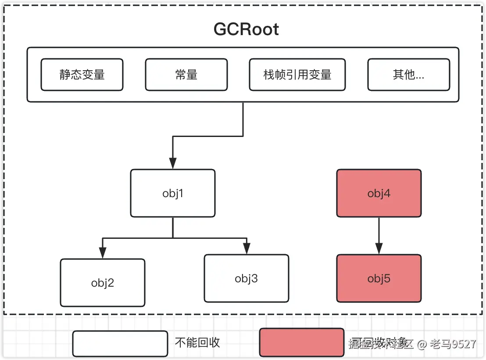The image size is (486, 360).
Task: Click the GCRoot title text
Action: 246,29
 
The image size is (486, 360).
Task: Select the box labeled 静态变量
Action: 82,75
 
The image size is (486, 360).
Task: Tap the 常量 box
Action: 186,75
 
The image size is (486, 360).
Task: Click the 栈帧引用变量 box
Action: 297,75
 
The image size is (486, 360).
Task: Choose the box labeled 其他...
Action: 408,75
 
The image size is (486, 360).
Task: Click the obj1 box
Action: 173,193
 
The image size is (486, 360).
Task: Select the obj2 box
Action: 103,283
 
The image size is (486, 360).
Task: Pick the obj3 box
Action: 246,278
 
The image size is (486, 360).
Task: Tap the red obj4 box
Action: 379,193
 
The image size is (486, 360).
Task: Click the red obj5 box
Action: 379,278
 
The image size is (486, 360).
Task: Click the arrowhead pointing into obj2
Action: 103,253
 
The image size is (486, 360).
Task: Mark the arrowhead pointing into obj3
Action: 246,248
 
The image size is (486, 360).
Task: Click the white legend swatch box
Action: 120,343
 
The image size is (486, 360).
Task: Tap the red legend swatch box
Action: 302,342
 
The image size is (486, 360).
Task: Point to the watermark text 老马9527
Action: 453,344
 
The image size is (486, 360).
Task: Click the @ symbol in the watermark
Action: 422,344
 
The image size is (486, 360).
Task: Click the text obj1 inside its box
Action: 173,193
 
